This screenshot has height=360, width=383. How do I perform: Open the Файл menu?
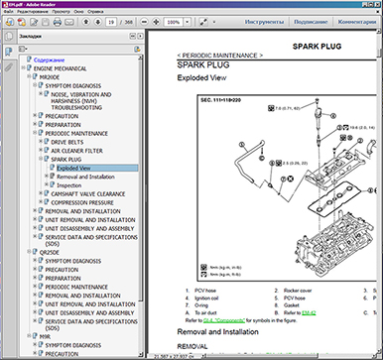pos(8,11)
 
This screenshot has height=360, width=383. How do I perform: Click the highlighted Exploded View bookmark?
pos(74,167)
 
